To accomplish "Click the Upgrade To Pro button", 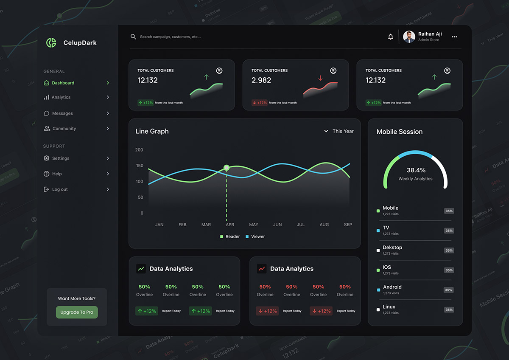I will click(x=77, y=312).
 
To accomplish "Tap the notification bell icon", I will click(x=391, y=37).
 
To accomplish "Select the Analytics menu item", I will click(x=61, y=97).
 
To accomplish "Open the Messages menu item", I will click(x=62, y=113).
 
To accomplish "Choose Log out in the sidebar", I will click(x=60, y=189).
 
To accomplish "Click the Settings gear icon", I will click(x=47, y=158).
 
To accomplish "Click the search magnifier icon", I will click(x=133, y=37).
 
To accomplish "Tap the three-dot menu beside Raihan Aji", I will click(x=454, y=37).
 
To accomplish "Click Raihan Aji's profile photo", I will click(x=409, y=37).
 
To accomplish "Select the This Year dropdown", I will click(x=339, y=131).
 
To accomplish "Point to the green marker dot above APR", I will click(x=227, y=168).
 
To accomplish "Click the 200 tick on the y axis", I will click(x=139, y=150).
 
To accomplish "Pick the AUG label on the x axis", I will click(x=324, y=225).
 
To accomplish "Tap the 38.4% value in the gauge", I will click(x=416, y=170).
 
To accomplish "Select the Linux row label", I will click(x=389, y=307).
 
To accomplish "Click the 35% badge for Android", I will click(x=449, y=290).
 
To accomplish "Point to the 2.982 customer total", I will click(x=261, y=80).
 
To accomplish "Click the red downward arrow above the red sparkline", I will click(x=320, y=78).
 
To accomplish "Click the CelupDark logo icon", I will click(x=51, y=43).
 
